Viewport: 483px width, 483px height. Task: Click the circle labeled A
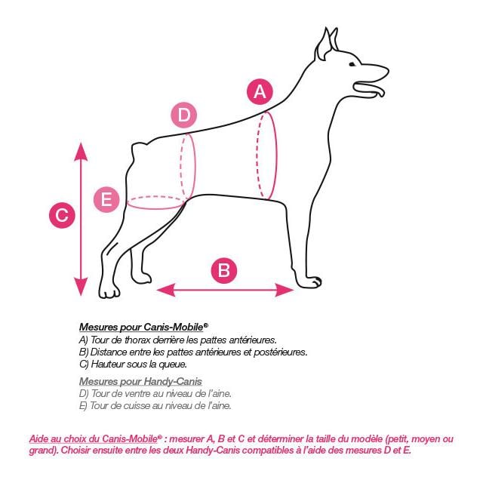click(x=260, y=92)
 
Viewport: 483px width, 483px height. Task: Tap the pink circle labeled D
click(x=183, y=116)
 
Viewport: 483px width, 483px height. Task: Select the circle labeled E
click(x=106, y=199)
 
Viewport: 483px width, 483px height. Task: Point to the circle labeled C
click(x=62, y=216)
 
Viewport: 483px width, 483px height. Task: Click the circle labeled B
click(x=224, y=270)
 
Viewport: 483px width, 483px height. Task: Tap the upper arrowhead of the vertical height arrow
click(x=81, y=152)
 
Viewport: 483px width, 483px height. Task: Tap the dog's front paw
click(x=310, y=282)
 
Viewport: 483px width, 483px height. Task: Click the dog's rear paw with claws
click(x=109, y=291)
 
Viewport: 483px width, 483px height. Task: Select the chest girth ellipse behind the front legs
click(x=266, y=155)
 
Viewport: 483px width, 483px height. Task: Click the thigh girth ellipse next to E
click(x=156, y=202)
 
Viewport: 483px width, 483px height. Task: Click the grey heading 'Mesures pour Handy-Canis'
click(x=140, y=381)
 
